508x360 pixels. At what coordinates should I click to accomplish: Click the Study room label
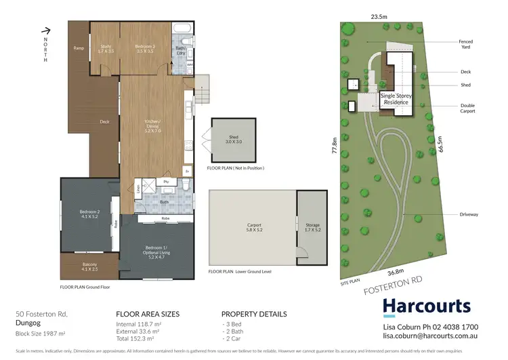click(106, 48)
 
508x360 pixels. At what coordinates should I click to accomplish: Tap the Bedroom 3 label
click(146, 48)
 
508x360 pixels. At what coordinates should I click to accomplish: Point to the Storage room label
click(312, 227)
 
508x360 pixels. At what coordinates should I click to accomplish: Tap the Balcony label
click(90, 266)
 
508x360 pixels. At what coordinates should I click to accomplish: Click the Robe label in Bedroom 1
click(165, 219)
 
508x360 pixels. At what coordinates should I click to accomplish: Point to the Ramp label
click(79, 48)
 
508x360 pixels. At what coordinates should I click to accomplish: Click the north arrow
click(46, 31)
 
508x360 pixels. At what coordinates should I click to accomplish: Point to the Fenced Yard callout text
click(466, 44)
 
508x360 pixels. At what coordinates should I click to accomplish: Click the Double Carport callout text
click(467, 108)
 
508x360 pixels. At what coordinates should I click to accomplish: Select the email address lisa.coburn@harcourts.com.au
click(442, 335)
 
